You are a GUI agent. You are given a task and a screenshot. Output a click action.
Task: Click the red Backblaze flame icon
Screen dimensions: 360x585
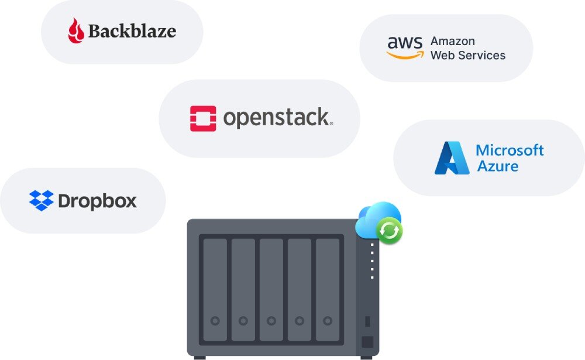75,30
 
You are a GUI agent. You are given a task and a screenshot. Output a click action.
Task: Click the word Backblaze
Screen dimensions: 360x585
132,31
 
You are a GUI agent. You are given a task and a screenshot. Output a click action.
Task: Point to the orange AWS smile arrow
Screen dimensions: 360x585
405,55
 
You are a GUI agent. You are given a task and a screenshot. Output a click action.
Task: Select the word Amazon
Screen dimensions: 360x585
452,41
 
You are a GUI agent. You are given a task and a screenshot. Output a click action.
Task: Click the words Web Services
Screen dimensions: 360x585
467,56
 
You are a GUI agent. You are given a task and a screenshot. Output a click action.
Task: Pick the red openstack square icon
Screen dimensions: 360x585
203,118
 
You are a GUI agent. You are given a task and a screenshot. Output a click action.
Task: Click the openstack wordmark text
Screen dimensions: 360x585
277,118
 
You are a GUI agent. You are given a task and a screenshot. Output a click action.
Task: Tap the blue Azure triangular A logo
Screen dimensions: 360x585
451,158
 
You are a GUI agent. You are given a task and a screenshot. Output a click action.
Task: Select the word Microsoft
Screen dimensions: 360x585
510,150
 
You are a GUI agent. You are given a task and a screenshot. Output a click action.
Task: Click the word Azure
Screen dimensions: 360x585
498,166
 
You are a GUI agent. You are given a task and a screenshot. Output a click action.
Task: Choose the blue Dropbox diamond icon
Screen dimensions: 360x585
41,201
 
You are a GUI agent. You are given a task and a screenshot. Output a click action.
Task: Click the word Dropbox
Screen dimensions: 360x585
97,202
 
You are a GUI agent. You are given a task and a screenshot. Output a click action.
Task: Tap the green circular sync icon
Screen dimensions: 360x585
390,231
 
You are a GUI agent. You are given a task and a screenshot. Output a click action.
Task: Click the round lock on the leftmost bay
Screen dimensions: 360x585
215,321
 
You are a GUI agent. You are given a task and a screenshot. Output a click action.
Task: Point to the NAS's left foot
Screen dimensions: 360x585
199,357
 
